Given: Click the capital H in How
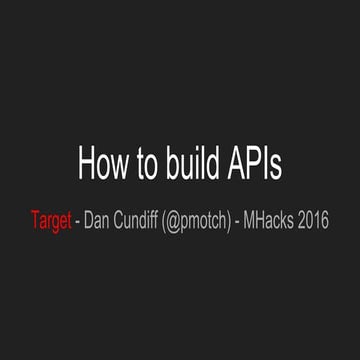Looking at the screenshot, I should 86,162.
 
